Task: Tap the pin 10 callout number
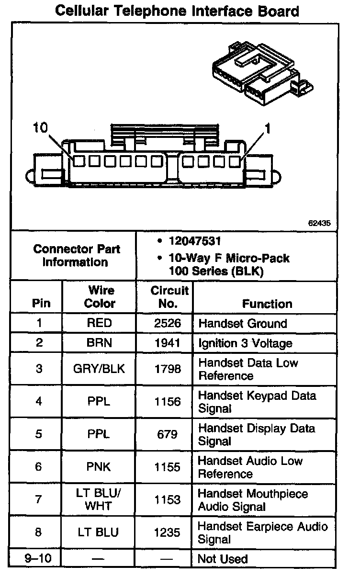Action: (x=41, y=127)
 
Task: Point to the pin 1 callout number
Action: (x=268, y=128)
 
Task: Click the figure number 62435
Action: (x=319, y=223)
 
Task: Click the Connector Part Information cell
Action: (x=77, y=256)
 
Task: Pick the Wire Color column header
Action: (x=100, y=297)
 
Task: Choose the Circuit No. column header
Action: (x=169, y=297)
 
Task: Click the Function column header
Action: (x=267, y=304)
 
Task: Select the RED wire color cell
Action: (x=99, y=323)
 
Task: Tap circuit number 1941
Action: (x=168, y=343)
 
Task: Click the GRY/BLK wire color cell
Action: (x=99, y=369)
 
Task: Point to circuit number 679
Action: (x=168, y=434)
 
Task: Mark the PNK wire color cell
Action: (x=99, y=467)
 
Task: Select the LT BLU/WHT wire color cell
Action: (x=99, y=500)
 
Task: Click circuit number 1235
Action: (x=168, y=532)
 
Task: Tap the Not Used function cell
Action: (x=223, y=559)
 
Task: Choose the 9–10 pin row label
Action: (x=39, y=559)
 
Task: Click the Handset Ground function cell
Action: (x=243, y=323)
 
